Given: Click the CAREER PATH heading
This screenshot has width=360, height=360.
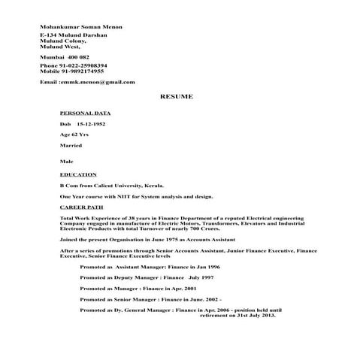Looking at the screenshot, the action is (x=83, y=204).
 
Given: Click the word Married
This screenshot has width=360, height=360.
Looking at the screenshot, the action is (x=71, y=144).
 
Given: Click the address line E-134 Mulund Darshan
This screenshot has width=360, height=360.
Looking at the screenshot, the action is (x=74, y=35).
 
